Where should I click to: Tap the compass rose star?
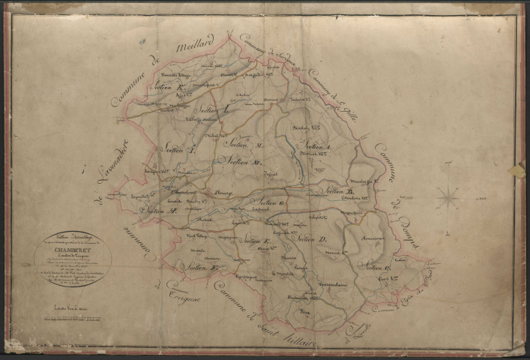tap(449, 198)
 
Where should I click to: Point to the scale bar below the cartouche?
tap(73, 307)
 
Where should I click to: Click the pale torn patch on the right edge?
tap(516, 171)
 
